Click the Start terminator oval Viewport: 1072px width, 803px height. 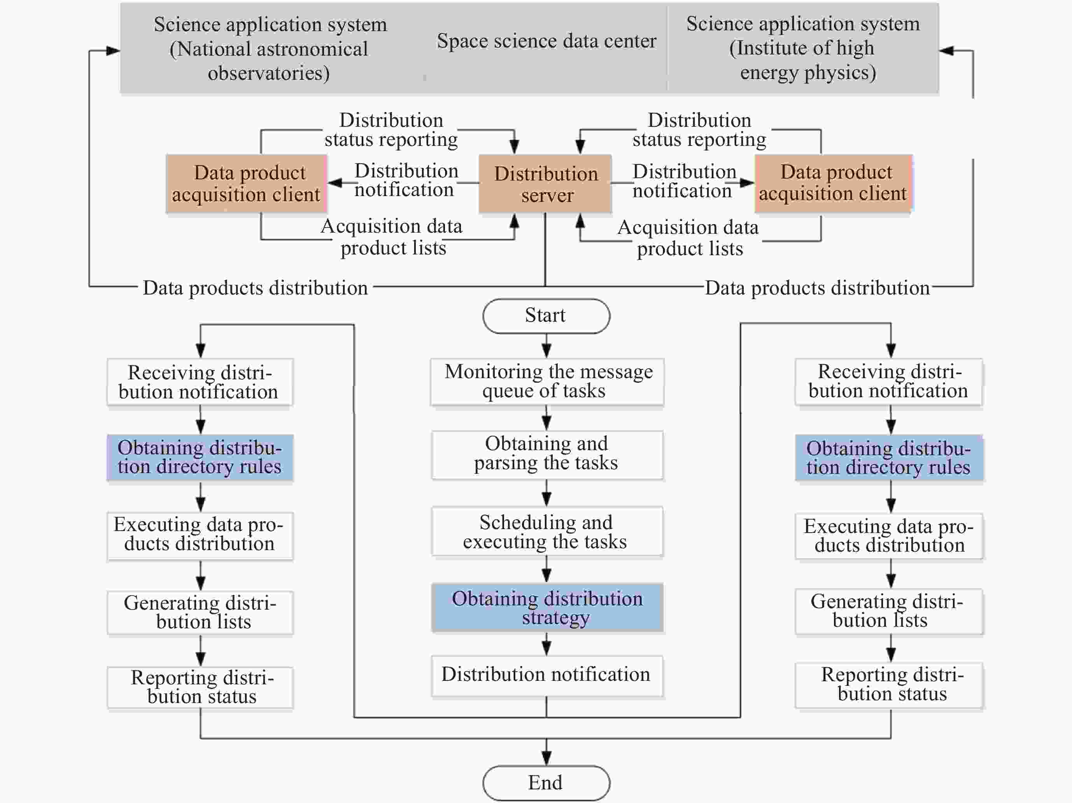(x=546, y=316)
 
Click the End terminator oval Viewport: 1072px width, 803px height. (x=546, y=783)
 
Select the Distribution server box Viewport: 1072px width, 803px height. (x=545, y=184)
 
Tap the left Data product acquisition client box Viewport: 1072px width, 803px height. (x=246, y=184)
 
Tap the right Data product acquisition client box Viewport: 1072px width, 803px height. (x=834, y=183)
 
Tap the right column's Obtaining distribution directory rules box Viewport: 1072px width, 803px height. (x=889, y=458)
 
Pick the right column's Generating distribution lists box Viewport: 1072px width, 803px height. (x=889, y=612)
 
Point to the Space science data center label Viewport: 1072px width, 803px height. (x=547, y=41)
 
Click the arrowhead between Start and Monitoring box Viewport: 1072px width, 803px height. (x=546, y=351)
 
